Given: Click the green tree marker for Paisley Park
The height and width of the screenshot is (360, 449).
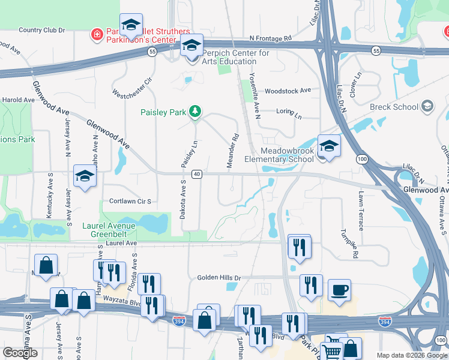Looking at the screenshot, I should [x=194, y=112].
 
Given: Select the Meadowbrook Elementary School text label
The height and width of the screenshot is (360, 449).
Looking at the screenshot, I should [x=279, y=155].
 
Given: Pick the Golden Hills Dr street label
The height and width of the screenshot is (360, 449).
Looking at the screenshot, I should [x=218, y=278].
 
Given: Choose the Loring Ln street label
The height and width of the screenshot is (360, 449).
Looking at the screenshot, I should [x=289, y=112].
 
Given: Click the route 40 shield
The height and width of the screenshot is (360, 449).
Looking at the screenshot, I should [x=196, y=174].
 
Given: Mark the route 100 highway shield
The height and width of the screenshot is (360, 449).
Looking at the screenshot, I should [x=361, y=158].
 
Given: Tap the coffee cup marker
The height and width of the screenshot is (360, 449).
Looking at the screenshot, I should [x=339, y=291].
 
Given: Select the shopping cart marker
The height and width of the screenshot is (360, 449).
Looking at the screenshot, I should [x=331, y=349].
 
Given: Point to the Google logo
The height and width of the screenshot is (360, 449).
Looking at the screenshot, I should [x=20, y=352].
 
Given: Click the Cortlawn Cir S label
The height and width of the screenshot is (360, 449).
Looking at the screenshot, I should [x=130, y=202].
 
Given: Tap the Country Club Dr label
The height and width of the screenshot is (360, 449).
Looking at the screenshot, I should [x=41, y=30].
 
